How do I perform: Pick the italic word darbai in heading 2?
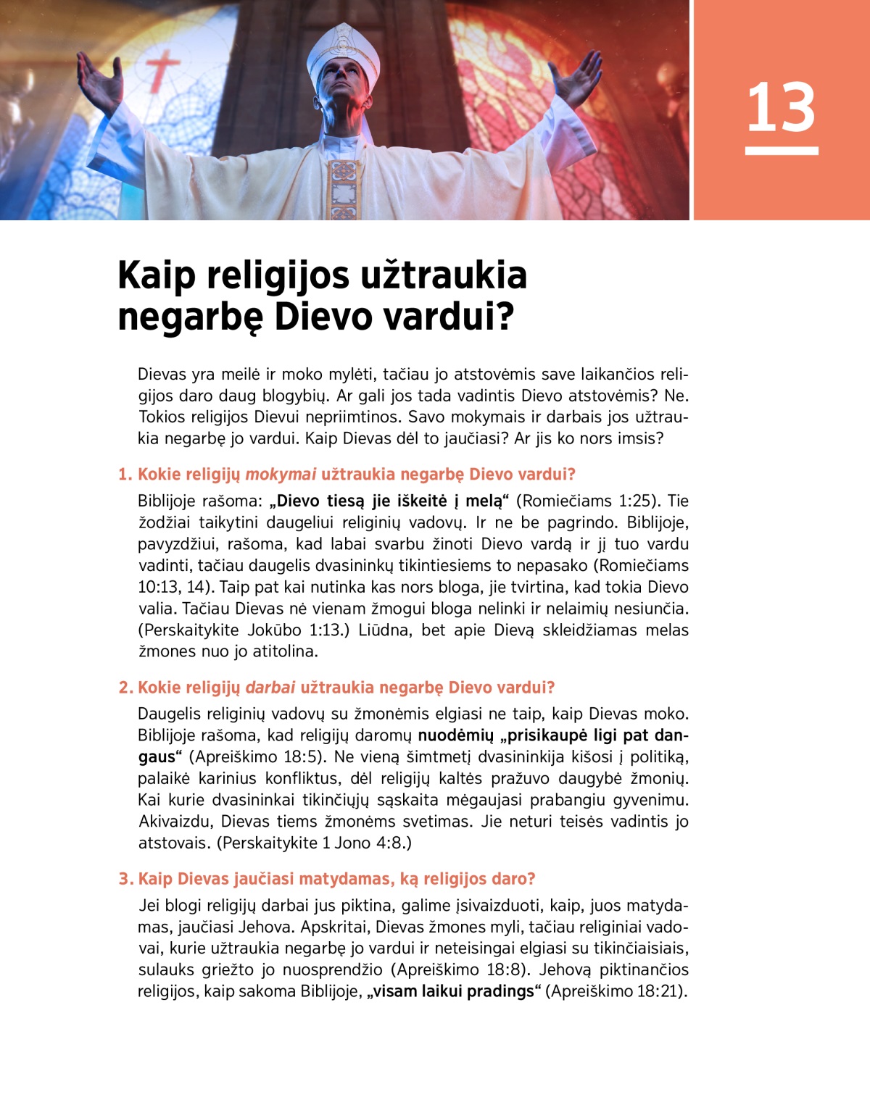(270, 688)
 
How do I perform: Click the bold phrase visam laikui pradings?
(455, 991)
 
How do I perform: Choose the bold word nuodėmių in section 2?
(455, 735)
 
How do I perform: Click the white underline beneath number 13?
(782, 151)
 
